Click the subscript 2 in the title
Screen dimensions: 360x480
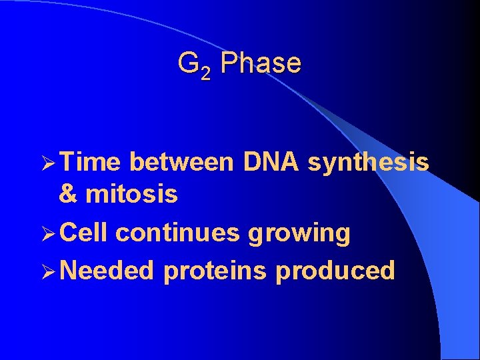point(205,73)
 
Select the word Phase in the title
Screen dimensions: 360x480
point(261,63)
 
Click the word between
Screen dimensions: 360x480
point(181,161)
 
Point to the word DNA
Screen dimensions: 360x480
point(271,161)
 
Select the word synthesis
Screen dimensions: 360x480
point(368,161)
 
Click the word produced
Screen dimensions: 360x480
point(335,272)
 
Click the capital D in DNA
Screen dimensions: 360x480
point(251,161)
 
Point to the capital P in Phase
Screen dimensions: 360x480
point(228,63)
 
